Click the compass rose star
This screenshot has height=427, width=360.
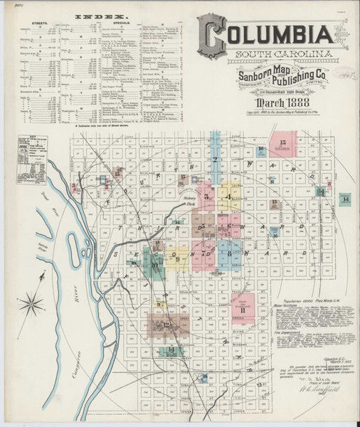pos(38,297)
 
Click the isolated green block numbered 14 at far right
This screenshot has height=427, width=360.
pos(345,199)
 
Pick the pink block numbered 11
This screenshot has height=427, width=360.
pos(243,310)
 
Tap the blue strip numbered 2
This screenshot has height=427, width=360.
pos(216,164)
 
